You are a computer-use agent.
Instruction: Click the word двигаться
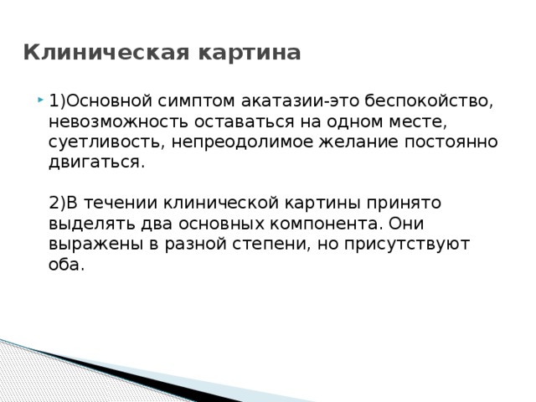coord(96,162)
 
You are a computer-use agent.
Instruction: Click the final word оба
coord(66,264)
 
